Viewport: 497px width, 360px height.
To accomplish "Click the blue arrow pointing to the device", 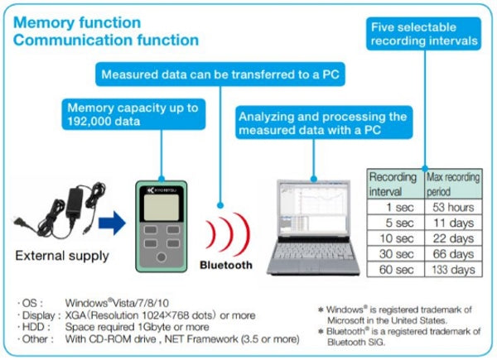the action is pos(112,223).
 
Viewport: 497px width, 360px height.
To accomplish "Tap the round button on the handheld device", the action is pos(162,257).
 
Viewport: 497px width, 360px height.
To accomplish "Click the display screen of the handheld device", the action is pos(162,207).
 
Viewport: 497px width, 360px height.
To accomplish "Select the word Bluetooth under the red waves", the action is pos(226,265).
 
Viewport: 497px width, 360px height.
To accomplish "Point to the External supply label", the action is pos(62,256).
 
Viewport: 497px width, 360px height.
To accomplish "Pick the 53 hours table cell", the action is pos(453,207).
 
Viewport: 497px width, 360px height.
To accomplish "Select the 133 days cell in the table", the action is pos(453,270).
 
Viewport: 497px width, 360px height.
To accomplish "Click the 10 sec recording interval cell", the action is pos(396,238).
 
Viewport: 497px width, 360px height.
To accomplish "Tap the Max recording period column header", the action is pos(453,184).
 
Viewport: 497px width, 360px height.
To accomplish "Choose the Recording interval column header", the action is pos(396,184).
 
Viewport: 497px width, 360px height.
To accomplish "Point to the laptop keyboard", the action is pos(313,252).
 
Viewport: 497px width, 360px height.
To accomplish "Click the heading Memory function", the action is pos(77,23).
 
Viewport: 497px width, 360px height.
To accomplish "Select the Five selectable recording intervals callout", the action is pos(424,34).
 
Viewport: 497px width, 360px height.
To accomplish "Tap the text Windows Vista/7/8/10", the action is pos(117,303).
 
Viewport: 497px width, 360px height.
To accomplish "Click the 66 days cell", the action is pos(453,254).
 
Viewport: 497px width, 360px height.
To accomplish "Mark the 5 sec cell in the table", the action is pos(396,223).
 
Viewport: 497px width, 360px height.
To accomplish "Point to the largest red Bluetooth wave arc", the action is pos(244,234).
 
